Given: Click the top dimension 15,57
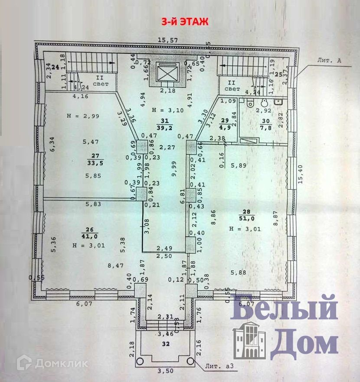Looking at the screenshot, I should tap(168, 40).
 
